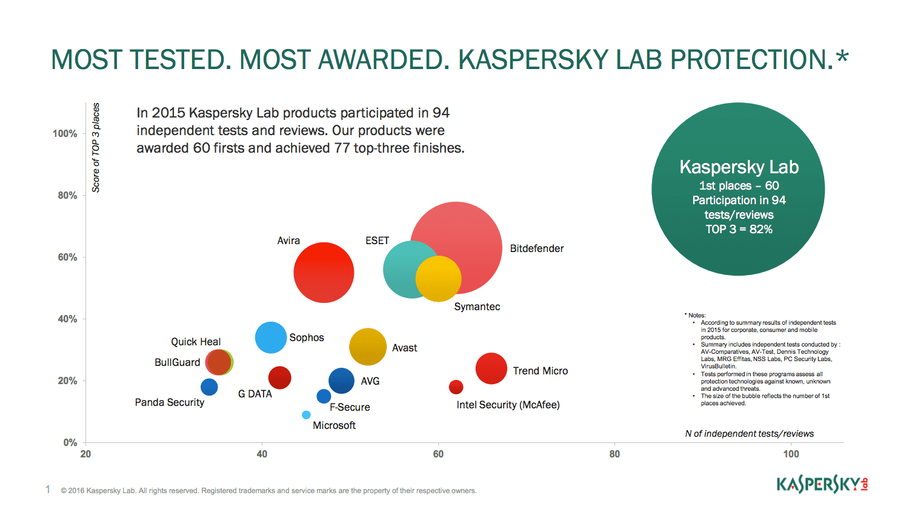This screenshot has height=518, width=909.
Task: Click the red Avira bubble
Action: tap(324, 273)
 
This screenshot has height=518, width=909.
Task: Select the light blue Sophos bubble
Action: tap(270, 337)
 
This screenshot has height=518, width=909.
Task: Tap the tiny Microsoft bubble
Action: tap(306, 415)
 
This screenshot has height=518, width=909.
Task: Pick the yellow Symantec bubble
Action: tap(439, 279)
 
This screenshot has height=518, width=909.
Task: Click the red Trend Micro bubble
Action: tap(491, 368)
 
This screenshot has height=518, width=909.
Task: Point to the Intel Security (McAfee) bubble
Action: tap(456, 387)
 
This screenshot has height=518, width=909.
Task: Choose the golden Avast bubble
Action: tap(367, 347)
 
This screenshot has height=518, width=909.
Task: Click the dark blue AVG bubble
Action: tap(341, 381)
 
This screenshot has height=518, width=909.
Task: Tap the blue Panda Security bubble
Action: tap(209, 387)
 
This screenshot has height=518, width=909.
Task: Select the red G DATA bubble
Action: tap(279, 377)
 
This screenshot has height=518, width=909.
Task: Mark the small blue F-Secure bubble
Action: tap(324, 396)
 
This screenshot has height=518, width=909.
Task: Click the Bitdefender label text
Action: tap(536, 248)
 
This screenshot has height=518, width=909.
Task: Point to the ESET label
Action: tap(377, 241)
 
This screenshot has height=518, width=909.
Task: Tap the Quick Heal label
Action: tap(196, 342)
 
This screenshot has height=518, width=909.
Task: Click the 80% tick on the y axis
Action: tap(67, 195)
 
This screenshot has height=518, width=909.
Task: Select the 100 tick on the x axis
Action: tap(791, 454)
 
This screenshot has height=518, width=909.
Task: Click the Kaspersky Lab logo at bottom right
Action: tap(822, 484)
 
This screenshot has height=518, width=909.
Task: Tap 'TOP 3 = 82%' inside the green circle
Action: tap(739, 229)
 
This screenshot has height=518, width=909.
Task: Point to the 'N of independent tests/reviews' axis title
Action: tap(749, 434)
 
